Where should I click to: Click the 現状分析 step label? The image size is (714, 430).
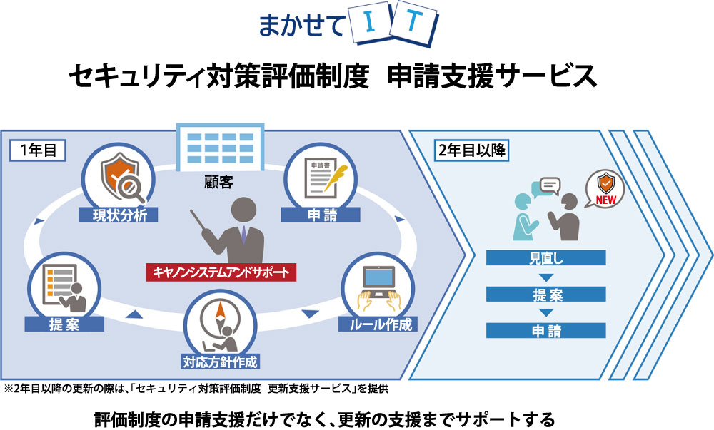coord(119,214)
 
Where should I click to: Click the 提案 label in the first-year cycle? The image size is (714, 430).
coord(64,324)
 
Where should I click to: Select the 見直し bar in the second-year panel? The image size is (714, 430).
coord(546,258)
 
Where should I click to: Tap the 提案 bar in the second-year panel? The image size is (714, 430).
coord(546,294)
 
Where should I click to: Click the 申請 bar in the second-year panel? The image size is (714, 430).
coord(546,330)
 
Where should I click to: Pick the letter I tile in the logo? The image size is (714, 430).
coord(376,24)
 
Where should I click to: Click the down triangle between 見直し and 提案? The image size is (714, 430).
coord(546,277)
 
